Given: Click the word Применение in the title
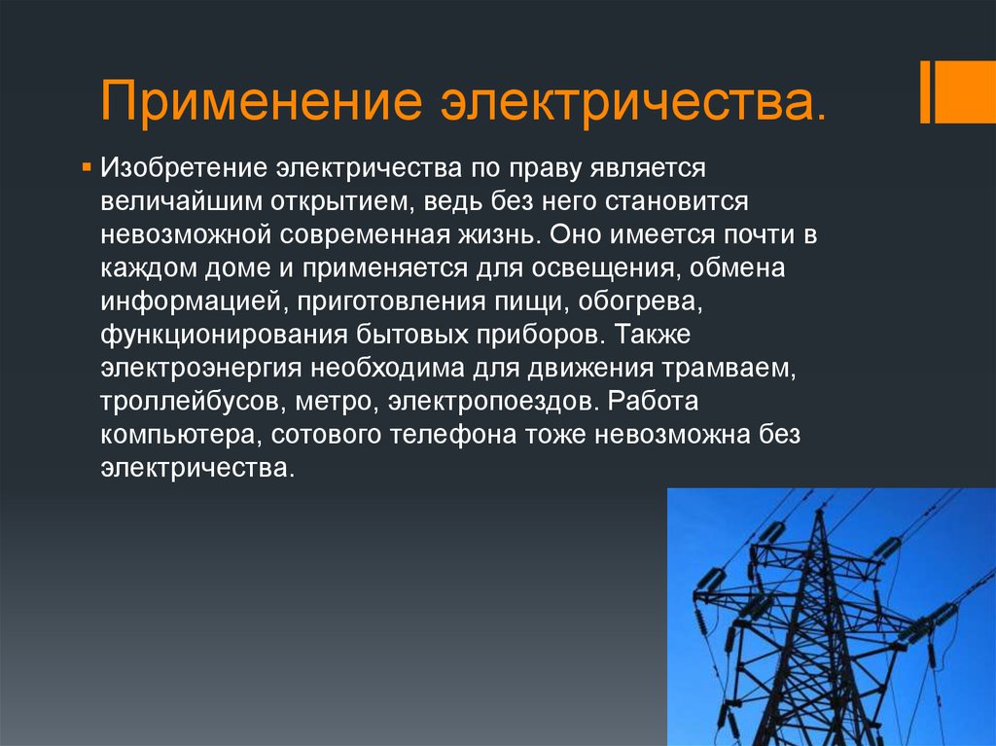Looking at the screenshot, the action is [x=261, y=101].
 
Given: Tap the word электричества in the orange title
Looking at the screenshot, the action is [x=633, y=101].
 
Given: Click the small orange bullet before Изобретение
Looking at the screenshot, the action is [x=87, y=167].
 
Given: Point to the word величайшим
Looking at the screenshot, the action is [x=181, y=200].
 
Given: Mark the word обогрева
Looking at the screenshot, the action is [x=640, y=302].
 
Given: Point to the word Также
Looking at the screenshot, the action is [x=653, y=335].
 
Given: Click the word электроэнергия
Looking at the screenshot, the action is [x=200, y=368].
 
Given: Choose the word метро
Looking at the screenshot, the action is [x=337, y=402].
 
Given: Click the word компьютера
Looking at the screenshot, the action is [x=181, y=435].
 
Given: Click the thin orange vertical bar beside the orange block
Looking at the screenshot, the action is [x=925, y=92].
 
